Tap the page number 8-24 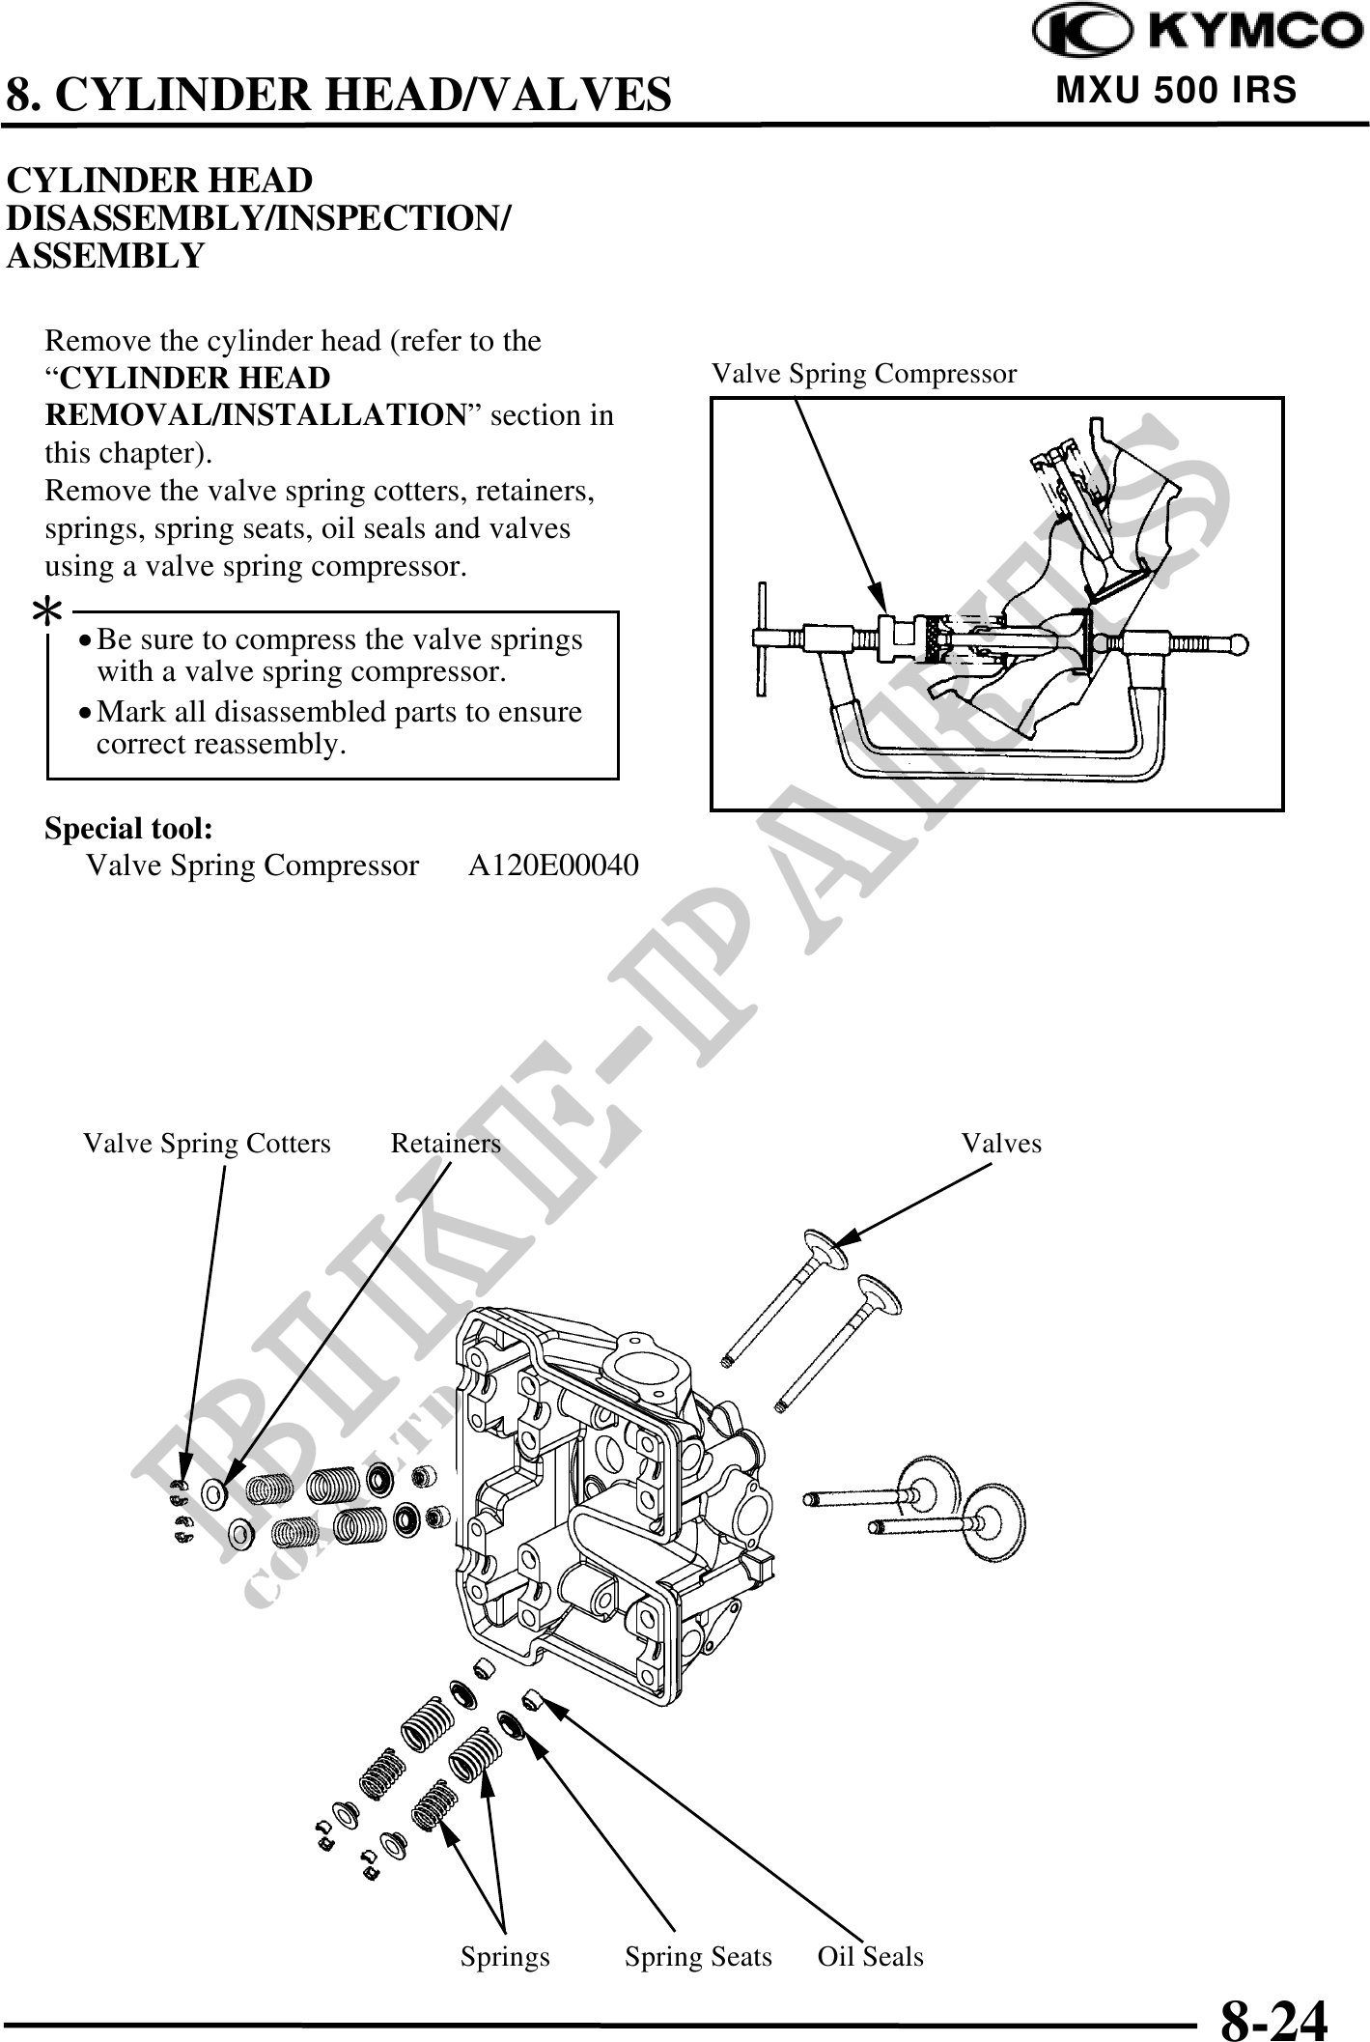coord(1273,2016)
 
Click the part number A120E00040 coord(553,865)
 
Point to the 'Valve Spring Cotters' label coord(207,1144)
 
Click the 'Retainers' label coord(445,1144)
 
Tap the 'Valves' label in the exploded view coord(1001,1144)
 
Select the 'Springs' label coord(505,1957)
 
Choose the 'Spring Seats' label coord(698,1957)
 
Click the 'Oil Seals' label coord(870,1957)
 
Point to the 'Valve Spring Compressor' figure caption coord(864,374)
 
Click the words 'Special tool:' coord(129,829)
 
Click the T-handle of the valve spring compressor coord(763,638)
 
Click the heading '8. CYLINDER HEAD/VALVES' coord(338,95)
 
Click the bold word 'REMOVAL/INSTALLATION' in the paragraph coord(256,415)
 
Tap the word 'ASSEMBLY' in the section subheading coord(105,257)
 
